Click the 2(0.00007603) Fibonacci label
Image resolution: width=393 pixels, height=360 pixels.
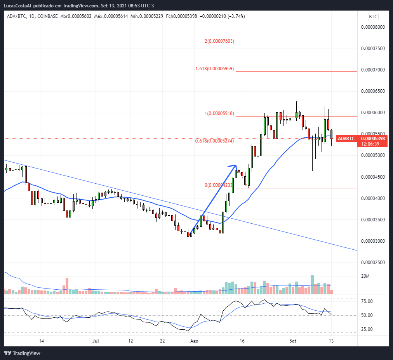coord(219,41)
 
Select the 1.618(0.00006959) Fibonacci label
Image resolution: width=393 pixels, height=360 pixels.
coord(215,69)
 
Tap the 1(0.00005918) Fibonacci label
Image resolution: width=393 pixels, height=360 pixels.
coord(219,113)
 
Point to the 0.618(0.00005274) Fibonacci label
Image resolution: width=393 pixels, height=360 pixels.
coord(214,141)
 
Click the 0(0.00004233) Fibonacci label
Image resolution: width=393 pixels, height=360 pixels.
coord(219,185)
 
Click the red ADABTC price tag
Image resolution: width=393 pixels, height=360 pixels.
coord(346,139)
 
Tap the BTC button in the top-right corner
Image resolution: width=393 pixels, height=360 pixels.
coord(373,17)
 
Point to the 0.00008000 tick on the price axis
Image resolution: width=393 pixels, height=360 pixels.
coord(372,27)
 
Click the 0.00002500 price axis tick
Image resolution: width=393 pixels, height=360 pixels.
coord(372,263)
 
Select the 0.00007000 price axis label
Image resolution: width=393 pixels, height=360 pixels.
coord(372,70)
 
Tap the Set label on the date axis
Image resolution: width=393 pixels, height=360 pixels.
coord(293,341)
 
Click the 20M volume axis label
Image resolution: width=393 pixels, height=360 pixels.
coord(365,276)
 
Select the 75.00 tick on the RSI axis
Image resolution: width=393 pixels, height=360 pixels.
coord(366,301)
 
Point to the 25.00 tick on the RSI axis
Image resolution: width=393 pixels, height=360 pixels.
coord(366,329)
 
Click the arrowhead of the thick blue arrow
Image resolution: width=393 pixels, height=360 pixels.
coord(234,166)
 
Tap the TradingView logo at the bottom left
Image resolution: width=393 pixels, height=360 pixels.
coord(22,353)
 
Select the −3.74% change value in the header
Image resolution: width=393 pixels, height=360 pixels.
coord(233,16)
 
